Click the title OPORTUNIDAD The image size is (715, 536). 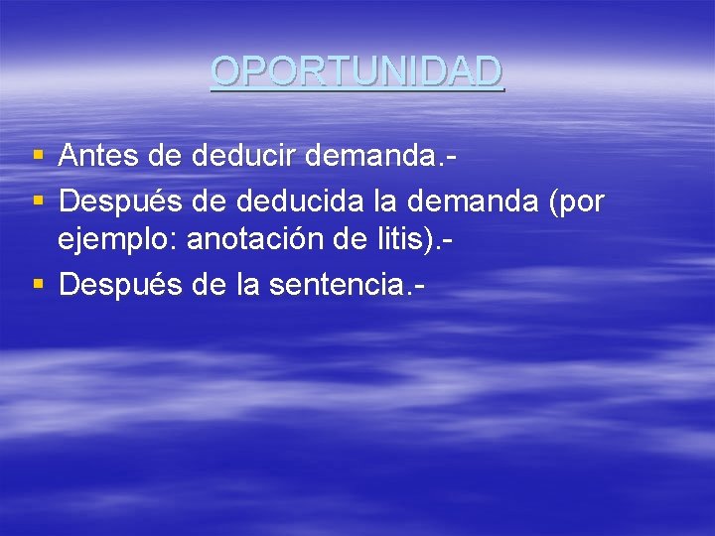click(357, 70)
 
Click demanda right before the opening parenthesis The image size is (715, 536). click(479, 201)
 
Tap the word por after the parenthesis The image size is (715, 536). click(582, 203)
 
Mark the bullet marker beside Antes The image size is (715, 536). click(38, 156)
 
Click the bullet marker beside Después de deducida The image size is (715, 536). click(38, 202)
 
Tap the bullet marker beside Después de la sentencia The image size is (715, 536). click(38, 285)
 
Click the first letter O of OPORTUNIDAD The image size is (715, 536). click(226, 70)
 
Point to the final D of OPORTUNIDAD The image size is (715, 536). click(489, 70)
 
